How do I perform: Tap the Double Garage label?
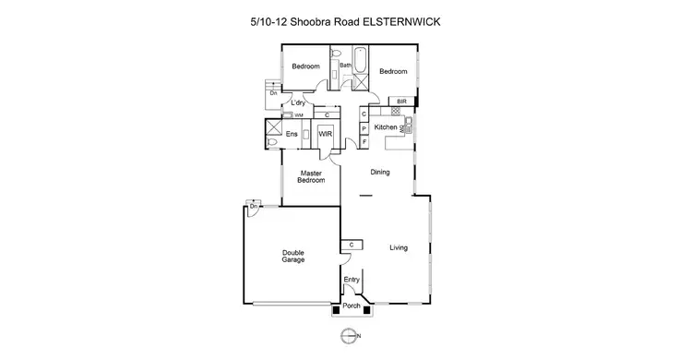294,257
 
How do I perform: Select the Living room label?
399,247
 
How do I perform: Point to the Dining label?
380,173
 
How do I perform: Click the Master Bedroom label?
311,176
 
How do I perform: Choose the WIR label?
325,135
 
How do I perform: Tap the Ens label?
292,135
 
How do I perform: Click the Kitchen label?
386,126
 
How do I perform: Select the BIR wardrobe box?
401,101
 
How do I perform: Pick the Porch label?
351,306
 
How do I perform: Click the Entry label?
351,280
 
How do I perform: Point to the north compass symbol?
347,333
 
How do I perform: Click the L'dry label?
299,102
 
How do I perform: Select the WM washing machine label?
298,115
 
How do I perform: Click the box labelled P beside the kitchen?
364,128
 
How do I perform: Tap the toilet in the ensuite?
272,142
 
